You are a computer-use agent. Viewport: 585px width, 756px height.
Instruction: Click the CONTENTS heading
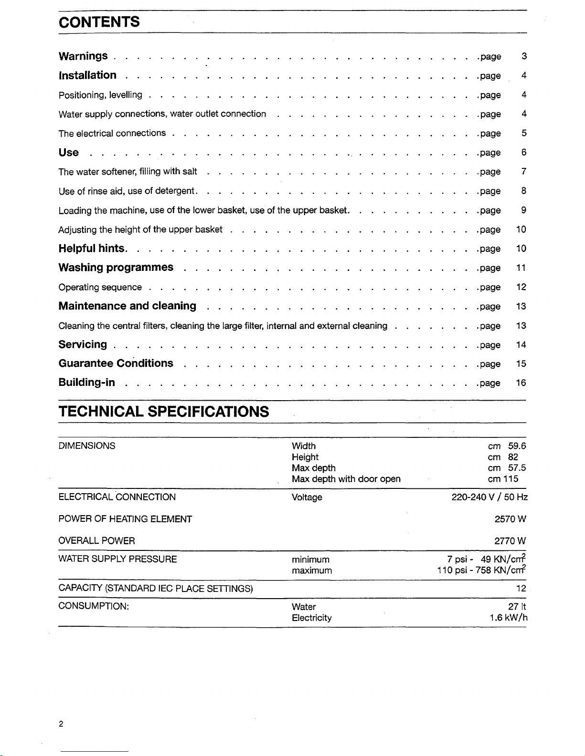click(99, 22)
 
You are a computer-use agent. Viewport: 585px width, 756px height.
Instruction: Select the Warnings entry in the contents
click(83, 56)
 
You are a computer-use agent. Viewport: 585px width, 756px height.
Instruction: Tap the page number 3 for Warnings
click(524, 57)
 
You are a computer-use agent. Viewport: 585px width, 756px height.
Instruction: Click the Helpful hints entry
click(92, 249)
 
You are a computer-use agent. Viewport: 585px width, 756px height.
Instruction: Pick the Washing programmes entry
click(116, 267)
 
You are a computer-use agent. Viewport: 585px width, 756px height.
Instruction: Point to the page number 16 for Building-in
click(521, 383)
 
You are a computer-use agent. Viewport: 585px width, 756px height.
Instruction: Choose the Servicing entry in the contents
click(83, 344)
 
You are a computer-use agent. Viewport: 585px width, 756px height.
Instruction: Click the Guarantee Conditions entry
click(116, 363)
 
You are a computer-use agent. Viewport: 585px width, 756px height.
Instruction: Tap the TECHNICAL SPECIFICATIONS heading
click(163, 411)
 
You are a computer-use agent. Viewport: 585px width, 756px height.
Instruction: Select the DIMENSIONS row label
click(86, 446)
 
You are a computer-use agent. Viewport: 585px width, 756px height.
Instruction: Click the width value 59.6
click(517, 446)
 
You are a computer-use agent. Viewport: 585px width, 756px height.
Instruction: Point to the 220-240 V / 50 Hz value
click(489, 497)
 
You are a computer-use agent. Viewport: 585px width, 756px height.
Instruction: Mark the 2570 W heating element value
click(510, 519)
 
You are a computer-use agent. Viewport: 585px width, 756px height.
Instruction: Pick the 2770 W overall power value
click(510, 541)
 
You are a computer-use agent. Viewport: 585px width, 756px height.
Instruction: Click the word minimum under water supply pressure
click(310, 559)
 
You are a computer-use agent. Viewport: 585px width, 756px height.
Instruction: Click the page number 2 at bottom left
click(61, 725)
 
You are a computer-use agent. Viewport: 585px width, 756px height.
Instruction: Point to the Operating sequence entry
click(100, 287)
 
